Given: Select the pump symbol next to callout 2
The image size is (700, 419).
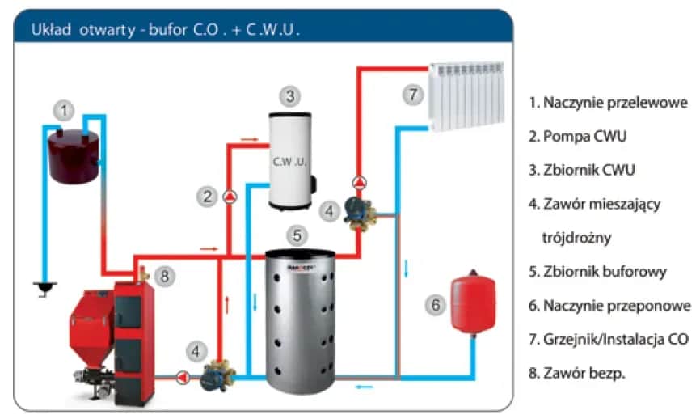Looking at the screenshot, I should (230, 196).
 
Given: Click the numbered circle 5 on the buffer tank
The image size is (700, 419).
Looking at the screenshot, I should (297, 235).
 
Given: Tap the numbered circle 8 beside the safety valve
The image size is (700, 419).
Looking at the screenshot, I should (163, 276).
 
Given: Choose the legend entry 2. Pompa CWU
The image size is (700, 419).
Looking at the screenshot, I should (577, 136).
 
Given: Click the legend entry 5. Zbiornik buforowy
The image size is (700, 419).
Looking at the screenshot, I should (597, 271).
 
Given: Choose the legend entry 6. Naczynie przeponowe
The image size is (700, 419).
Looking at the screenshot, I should (609, 305).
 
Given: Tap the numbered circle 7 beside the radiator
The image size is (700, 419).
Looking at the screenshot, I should (412, 95).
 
